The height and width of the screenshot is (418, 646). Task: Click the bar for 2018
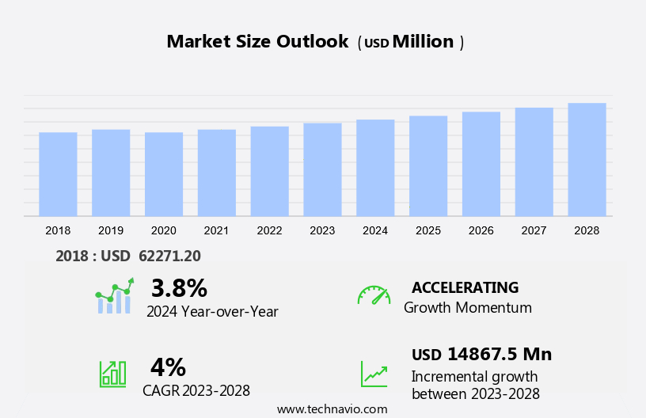coord(58,174)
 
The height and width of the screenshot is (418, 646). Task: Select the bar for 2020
coord(164,174)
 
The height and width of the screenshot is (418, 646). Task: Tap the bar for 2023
coord(322,169)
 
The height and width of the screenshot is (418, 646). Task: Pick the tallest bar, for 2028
coord(587,159)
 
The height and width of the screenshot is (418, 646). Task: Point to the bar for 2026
coord(481,164)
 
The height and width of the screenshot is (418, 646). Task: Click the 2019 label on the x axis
coord(111,230)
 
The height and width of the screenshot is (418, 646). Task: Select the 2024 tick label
coord(375,230)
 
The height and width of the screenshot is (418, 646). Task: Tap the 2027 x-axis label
coord(534,230)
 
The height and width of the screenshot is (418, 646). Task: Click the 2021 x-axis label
coord(216,230)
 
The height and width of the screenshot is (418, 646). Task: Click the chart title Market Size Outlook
coord(257,42)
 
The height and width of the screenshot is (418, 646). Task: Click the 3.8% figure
coord(179,287)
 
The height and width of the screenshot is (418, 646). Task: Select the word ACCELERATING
coord(465,287)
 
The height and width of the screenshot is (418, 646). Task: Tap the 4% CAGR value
coord(168,367)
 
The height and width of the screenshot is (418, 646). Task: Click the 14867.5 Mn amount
coord(499,354)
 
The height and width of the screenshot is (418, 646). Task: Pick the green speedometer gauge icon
coord(374,295)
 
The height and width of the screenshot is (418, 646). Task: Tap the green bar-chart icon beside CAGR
coord(112,373)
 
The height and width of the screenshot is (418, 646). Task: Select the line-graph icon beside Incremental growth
coord(374,374)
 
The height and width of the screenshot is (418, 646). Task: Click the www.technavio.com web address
coord(332,409)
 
